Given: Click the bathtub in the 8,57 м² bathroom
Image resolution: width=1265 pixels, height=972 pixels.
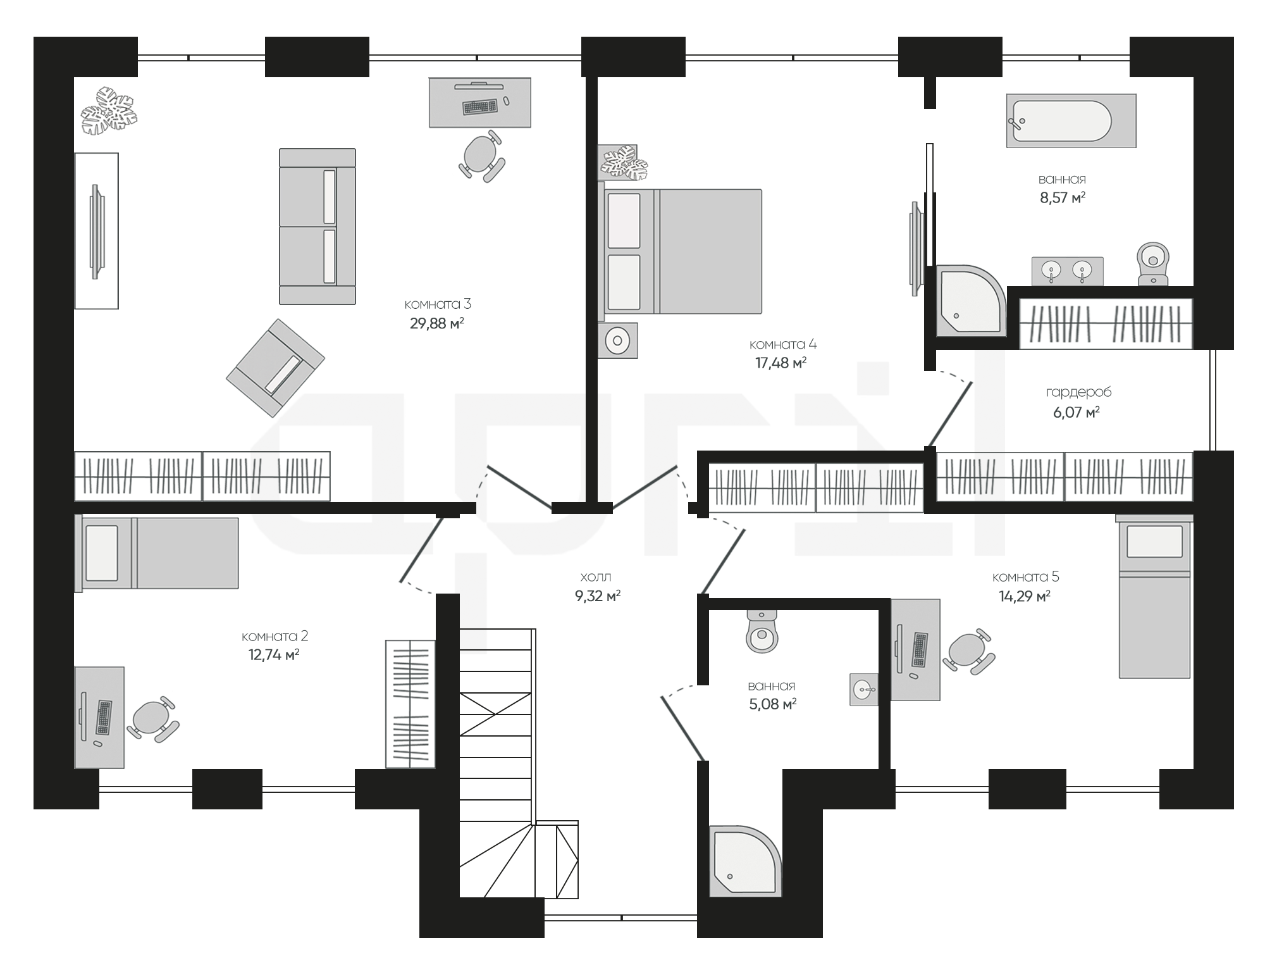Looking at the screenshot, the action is click(1071, 121).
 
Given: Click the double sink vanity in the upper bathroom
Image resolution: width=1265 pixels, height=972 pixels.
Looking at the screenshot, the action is click(1068, 271).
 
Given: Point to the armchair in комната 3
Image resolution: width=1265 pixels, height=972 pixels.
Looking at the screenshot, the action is click(276, 368).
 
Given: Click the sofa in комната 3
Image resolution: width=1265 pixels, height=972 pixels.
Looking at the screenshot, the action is click(318, 227).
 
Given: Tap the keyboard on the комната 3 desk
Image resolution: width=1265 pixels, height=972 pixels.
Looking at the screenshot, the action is click(480, 107).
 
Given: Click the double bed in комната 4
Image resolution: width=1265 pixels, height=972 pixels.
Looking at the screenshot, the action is click(680, 251).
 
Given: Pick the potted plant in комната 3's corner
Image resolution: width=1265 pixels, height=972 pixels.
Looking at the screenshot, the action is click(109, 112).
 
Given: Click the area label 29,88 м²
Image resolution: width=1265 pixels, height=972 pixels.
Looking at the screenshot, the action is click(437, 324).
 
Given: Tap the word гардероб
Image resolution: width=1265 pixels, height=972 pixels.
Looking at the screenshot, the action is click(1079, 392).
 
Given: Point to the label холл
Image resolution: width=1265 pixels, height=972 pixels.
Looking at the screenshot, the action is click(596, 577).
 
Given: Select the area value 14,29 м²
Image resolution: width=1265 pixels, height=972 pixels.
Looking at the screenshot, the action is click(1025, 596).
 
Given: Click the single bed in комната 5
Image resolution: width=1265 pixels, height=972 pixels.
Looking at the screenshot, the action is click(1154, 596).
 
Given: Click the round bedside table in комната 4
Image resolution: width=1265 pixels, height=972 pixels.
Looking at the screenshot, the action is click(618, 341).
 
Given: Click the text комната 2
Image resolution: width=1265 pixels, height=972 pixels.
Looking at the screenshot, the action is click(275, 636).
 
